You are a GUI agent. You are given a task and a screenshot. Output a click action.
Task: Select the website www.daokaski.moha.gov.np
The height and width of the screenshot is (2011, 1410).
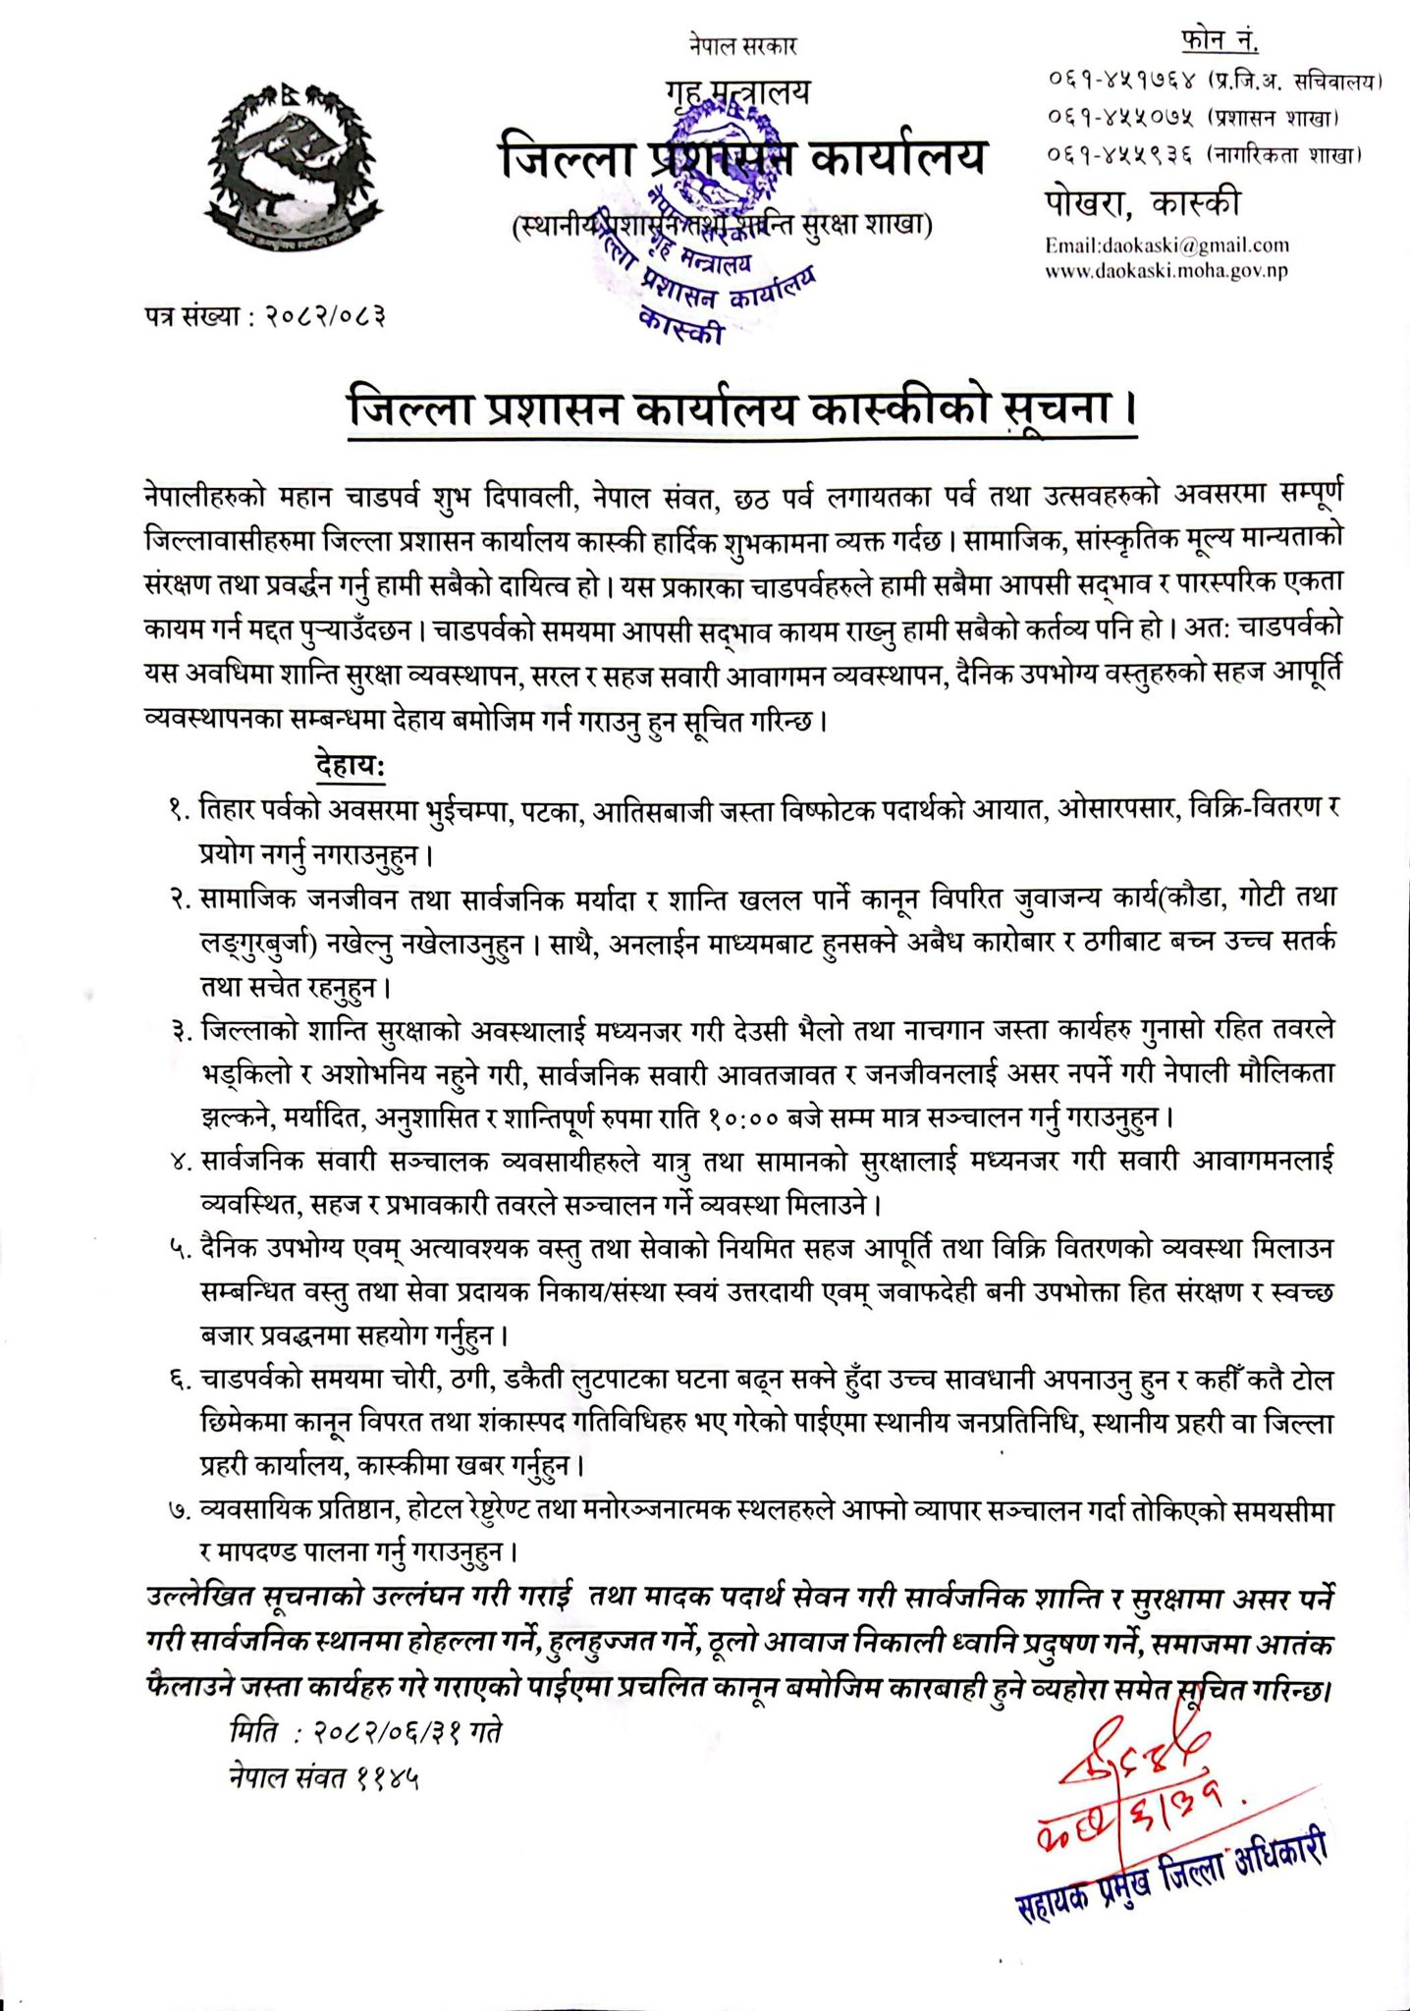point(1166,270)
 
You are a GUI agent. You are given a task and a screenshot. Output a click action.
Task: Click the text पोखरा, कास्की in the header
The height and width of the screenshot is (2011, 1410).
point(1142,203)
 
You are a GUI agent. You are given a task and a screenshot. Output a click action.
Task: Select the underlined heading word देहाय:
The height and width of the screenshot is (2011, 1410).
point(351,764)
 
